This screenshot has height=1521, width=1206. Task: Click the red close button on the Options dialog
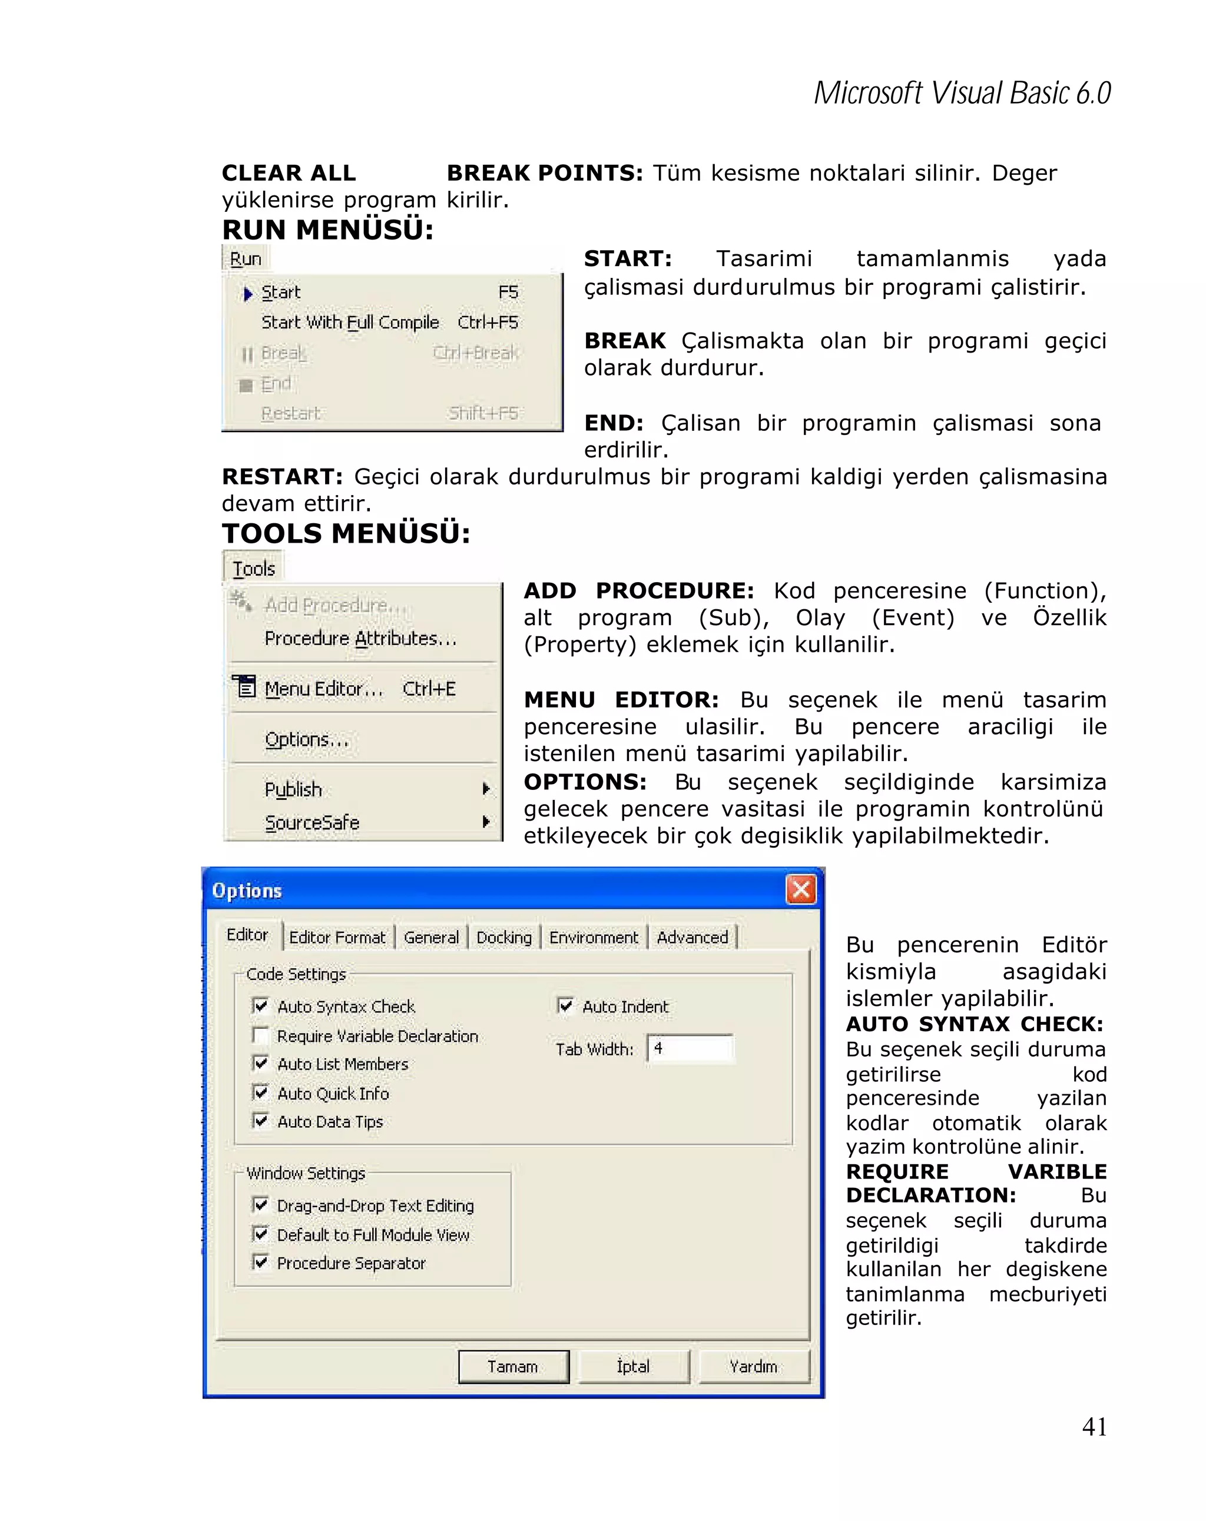[x=800, y=889]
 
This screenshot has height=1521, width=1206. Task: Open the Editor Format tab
[x=337, y=938]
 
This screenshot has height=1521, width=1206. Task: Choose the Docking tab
[x=504, y=938]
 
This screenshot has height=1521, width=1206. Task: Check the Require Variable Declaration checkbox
[x=260, y=1035]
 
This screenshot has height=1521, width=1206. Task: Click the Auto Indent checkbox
[x=565, y=1005]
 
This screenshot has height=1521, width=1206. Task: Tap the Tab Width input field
[x=690, y=1048]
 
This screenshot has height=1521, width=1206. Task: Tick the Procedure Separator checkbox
[x=260, y=1262]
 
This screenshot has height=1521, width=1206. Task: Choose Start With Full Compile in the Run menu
[x=350, y=323]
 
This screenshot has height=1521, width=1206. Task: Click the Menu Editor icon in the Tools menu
[x=245, y=686]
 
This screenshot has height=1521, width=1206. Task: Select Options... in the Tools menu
[x=307, y=739]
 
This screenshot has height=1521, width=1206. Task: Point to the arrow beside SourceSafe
[x=485, y=821]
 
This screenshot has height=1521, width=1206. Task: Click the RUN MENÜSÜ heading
[x=327, y=230]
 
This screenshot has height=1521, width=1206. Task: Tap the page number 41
[x=1094, y=1426]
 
